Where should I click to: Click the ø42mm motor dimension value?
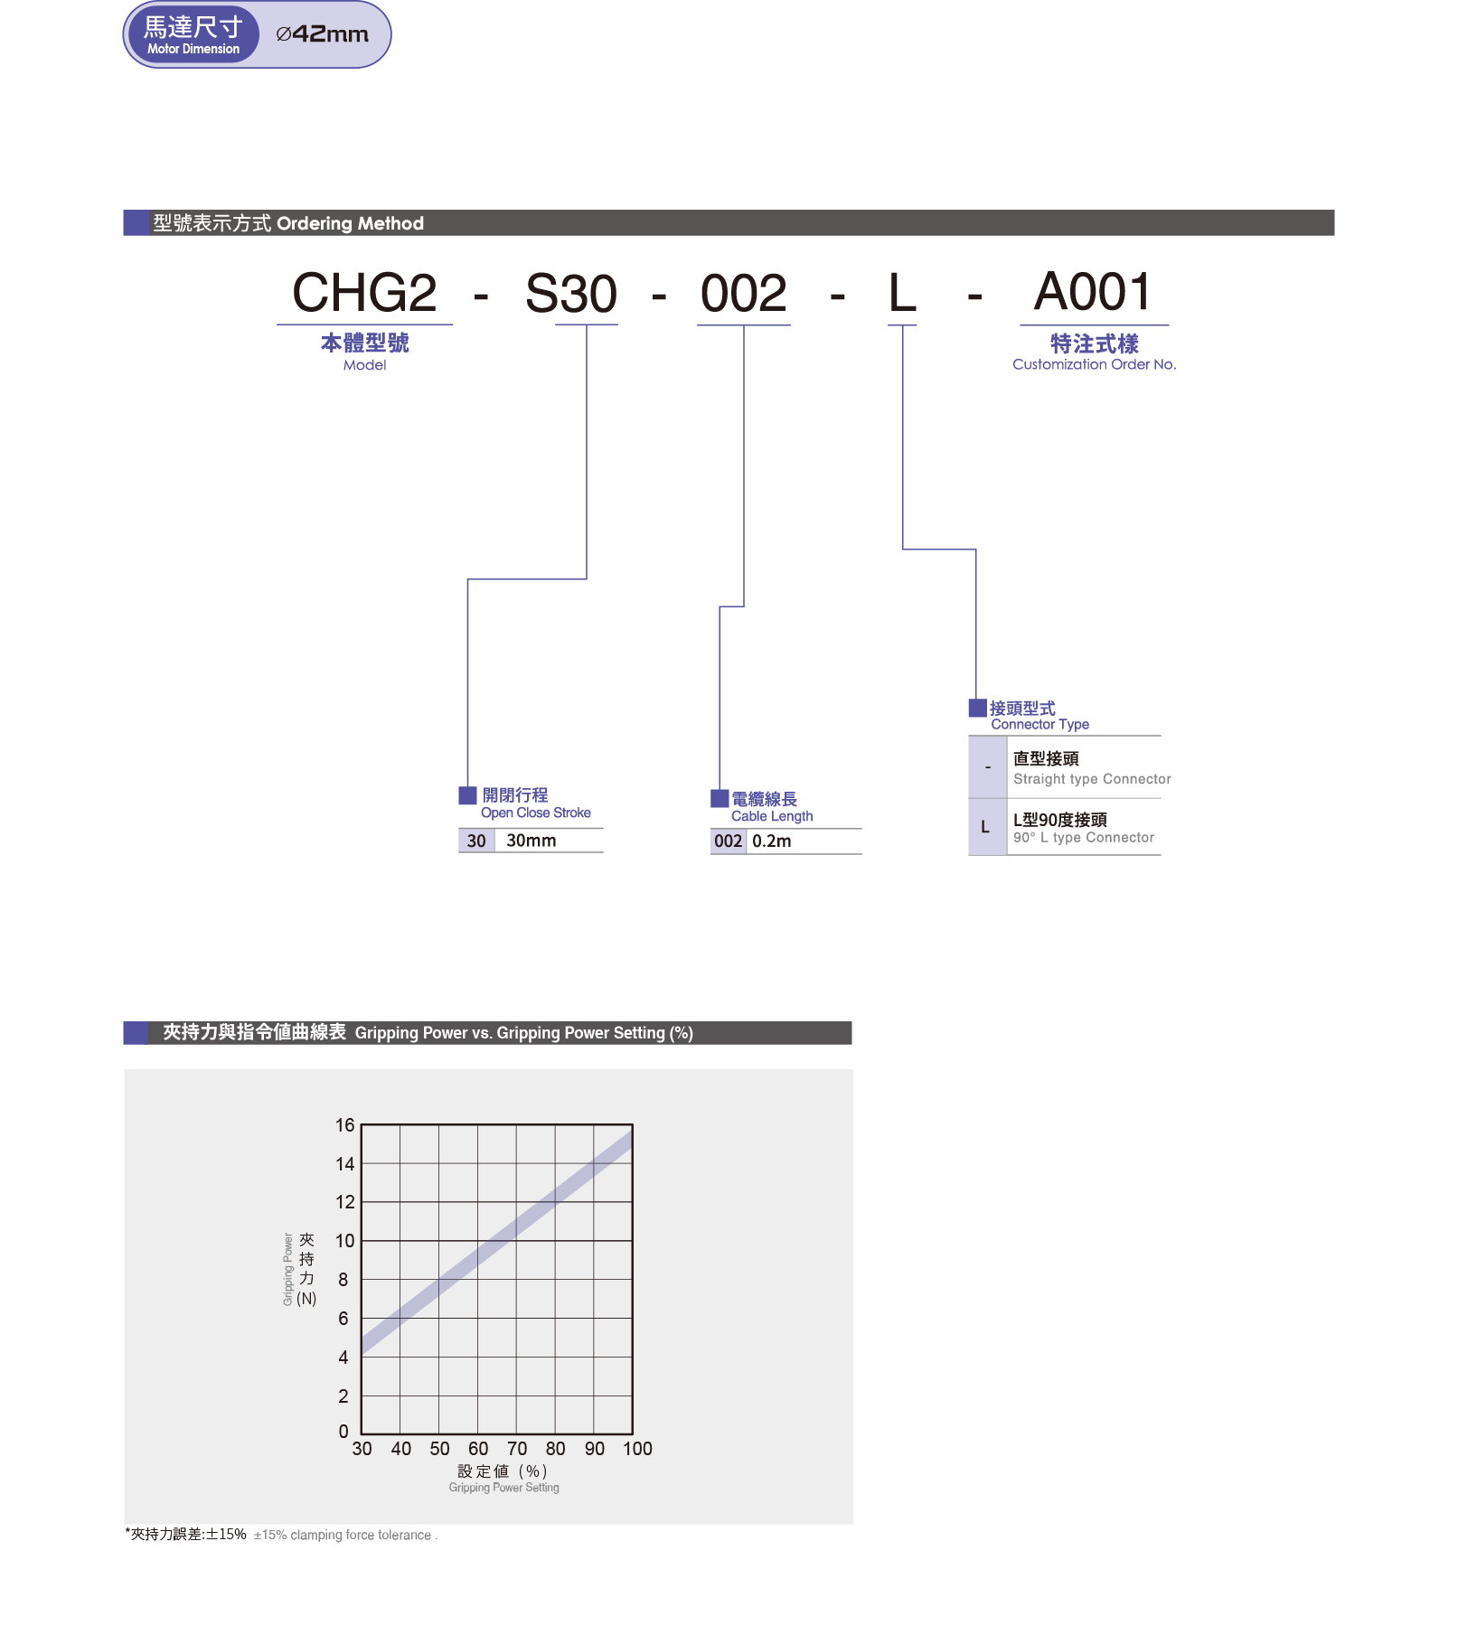point(322,34)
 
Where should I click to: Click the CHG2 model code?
point(364,293)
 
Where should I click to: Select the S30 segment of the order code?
point(571,294)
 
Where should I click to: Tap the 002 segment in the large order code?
point(744,294)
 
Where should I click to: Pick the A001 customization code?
point(1093,292)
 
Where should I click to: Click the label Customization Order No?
point(1094,364)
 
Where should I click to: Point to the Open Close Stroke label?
point(536,813)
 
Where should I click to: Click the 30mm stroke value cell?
point(531,841)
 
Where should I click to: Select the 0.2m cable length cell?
point(772,841)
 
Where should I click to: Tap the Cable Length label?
point(772,816)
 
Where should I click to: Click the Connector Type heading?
point(1039,724)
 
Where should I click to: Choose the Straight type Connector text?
point(1092,779)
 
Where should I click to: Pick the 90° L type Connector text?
point(1084,838)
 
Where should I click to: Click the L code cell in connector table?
point(985,827)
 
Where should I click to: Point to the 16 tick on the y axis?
point(345,1125)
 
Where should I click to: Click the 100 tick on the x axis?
point(637,1449)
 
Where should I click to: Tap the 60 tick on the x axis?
point(478,1449)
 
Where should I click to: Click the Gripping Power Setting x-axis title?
point(504,1488)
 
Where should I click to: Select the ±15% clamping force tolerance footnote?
point(344,1535)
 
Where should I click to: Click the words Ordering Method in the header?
point(350,223)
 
